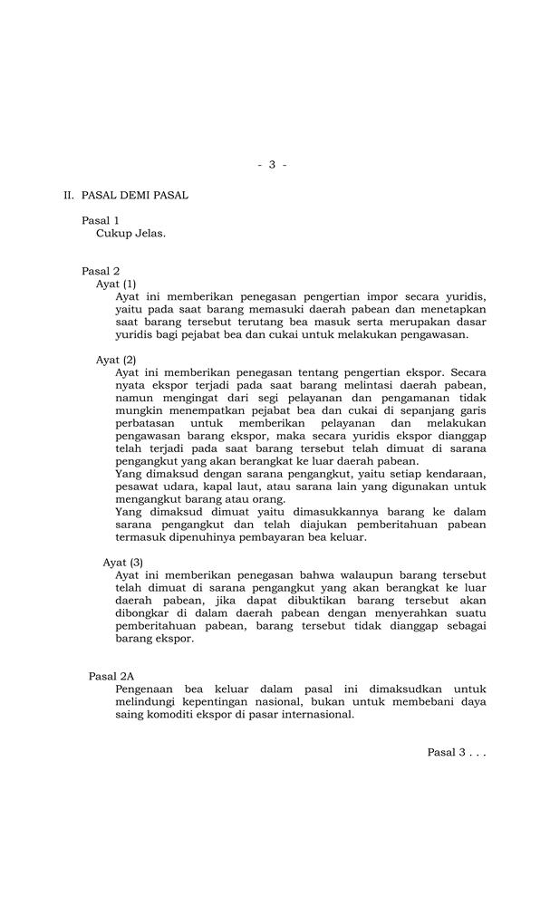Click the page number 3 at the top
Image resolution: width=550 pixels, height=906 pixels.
point(272,164)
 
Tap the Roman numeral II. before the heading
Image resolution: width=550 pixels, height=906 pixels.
point(68,195)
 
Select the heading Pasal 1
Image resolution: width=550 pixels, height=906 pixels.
point(101,220)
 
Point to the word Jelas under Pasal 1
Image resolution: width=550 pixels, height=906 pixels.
point(150,233)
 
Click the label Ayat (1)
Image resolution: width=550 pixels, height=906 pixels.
point(116,284)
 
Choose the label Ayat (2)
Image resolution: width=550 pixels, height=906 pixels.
point(116,360)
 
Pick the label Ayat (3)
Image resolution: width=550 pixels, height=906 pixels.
point(122,563)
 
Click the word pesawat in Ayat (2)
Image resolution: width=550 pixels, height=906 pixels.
point(137,487)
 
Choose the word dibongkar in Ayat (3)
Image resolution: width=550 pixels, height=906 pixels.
point(144,613)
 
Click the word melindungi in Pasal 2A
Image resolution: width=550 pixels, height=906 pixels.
point(147,701)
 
